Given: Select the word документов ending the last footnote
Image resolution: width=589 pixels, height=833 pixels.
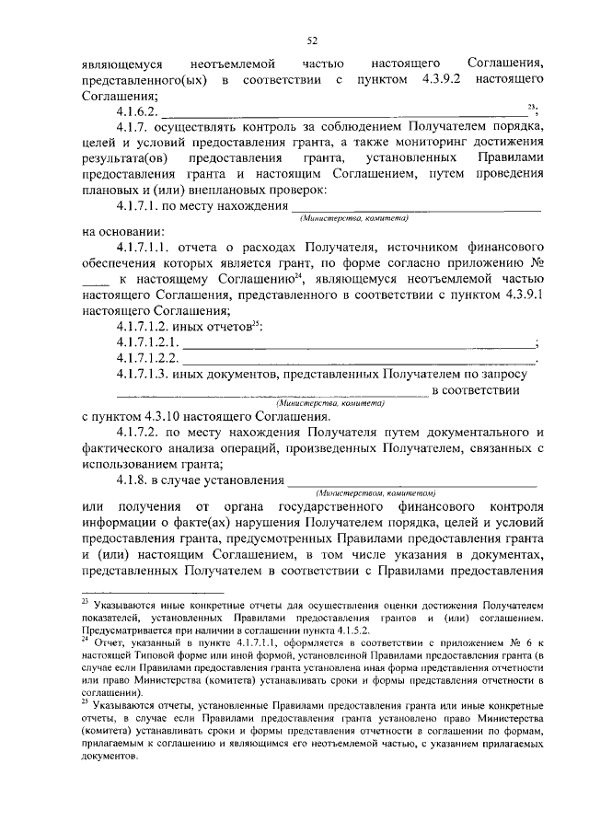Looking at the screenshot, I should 110,751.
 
